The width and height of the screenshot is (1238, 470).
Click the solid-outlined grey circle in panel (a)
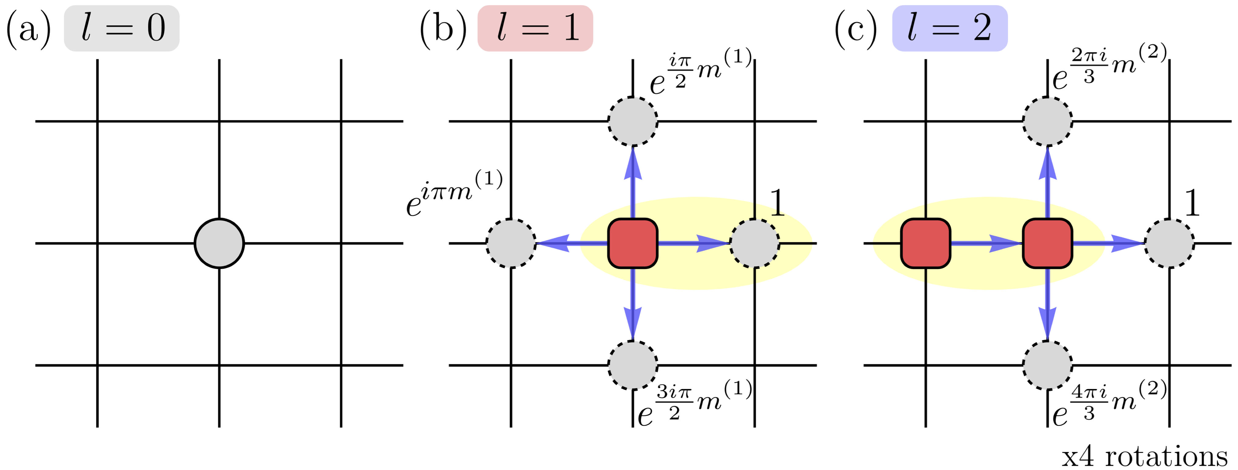(x=219, y=243)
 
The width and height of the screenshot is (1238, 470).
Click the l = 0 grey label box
(x=121, y=28)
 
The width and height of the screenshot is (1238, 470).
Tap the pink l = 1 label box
(x=535, y=28)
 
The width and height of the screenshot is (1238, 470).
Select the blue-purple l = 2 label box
(x=950, y=28)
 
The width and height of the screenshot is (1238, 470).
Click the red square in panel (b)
(x=632, y=243)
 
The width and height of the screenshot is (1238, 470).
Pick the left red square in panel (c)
(x=926, y=243)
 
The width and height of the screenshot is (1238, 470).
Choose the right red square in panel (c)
(x=1047, y=243)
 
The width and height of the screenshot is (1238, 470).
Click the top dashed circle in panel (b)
(x=632, y=121)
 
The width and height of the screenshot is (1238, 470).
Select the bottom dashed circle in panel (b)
(x=632, y=365)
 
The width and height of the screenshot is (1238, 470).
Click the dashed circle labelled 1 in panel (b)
(x=755, y=243)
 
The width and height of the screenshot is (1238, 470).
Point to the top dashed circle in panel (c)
(x=1047, y=121)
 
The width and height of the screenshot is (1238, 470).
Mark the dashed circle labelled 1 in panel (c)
(x=1169, y=243)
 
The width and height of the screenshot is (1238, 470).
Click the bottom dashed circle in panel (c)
(x=1047, y=365)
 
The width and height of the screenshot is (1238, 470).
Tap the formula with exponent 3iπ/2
(x=695, y=404)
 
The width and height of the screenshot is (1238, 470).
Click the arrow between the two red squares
(x=986, y=243)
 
